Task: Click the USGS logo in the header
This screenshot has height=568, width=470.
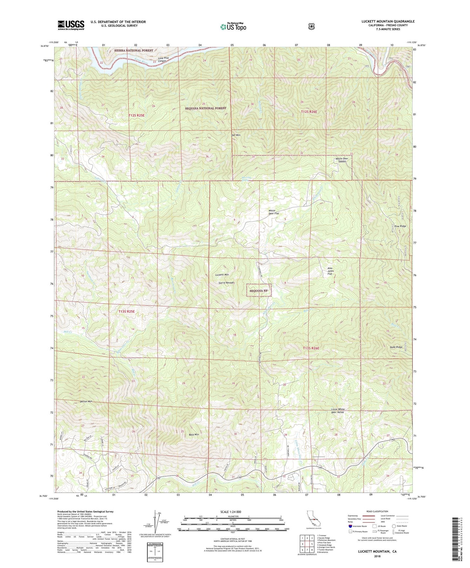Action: (71, 25)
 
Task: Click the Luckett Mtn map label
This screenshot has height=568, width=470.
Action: (222, 275)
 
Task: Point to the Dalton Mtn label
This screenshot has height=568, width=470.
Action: (86, 401)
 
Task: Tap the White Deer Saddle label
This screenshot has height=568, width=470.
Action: (342, 160)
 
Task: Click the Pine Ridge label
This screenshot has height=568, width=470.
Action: (400, 226)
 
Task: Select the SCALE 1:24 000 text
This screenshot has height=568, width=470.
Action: (233, 512)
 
